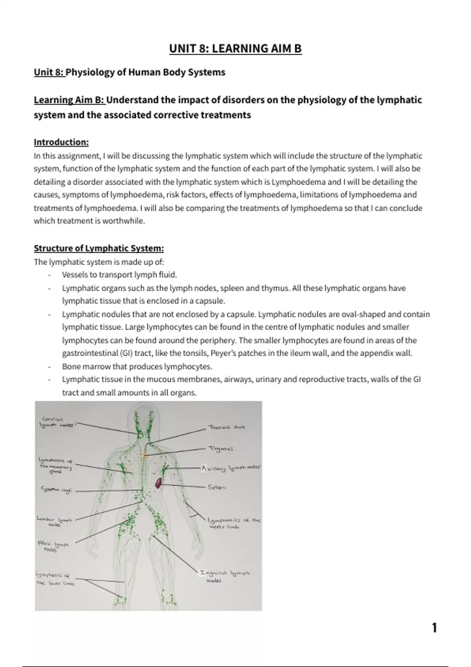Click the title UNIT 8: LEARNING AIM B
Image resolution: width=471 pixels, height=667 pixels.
[x=235, y=49]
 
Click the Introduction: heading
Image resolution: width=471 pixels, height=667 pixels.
[x=61, y=142]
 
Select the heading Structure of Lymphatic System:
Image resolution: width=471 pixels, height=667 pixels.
[x=99, y=248]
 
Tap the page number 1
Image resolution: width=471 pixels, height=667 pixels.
[x=434, y=628]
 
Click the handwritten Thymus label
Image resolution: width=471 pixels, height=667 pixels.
[x=221, y=448]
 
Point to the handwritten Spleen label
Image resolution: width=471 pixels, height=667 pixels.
[x=217, y=487]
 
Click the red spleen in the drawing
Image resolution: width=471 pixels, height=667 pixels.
[x=159, y=482]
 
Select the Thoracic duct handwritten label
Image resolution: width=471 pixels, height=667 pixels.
[x=227, y=427]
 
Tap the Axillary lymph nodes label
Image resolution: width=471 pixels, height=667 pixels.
[x=231, y=468]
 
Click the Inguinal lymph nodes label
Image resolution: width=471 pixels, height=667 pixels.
[x=225, y=576]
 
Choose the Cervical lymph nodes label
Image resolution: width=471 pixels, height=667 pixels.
[x=56, y=422]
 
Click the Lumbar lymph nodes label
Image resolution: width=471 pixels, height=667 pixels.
[x=55, y=521]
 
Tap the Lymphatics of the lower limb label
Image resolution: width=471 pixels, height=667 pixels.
[x=55, y=579]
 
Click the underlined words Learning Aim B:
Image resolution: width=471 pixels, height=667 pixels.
[x=69, y=100]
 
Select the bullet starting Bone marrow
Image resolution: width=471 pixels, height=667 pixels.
[x=137, y=366]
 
